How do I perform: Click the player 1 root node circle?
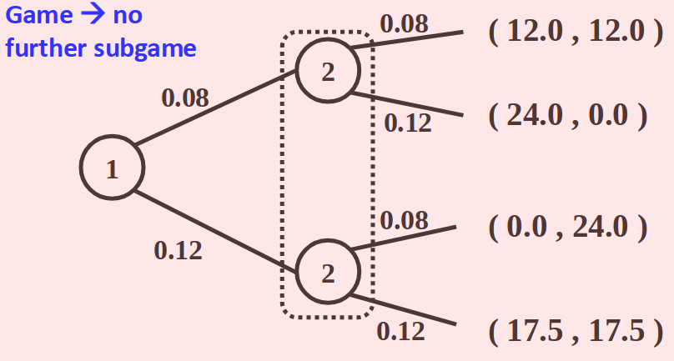point(111,169)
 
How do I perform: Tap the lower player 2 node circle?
point(327,271)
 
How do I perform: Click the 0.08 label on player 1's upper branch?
point(184,98)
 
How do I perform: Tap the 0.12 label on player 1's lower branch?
point(178,249)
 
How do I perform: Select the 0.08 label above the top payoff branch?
point(404,23)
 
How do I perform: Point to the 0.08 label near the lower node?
point(404,221)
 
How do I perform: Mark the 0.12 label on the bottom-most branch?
point(400,331)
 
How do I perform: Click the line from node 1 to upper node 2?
point(217,108)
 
